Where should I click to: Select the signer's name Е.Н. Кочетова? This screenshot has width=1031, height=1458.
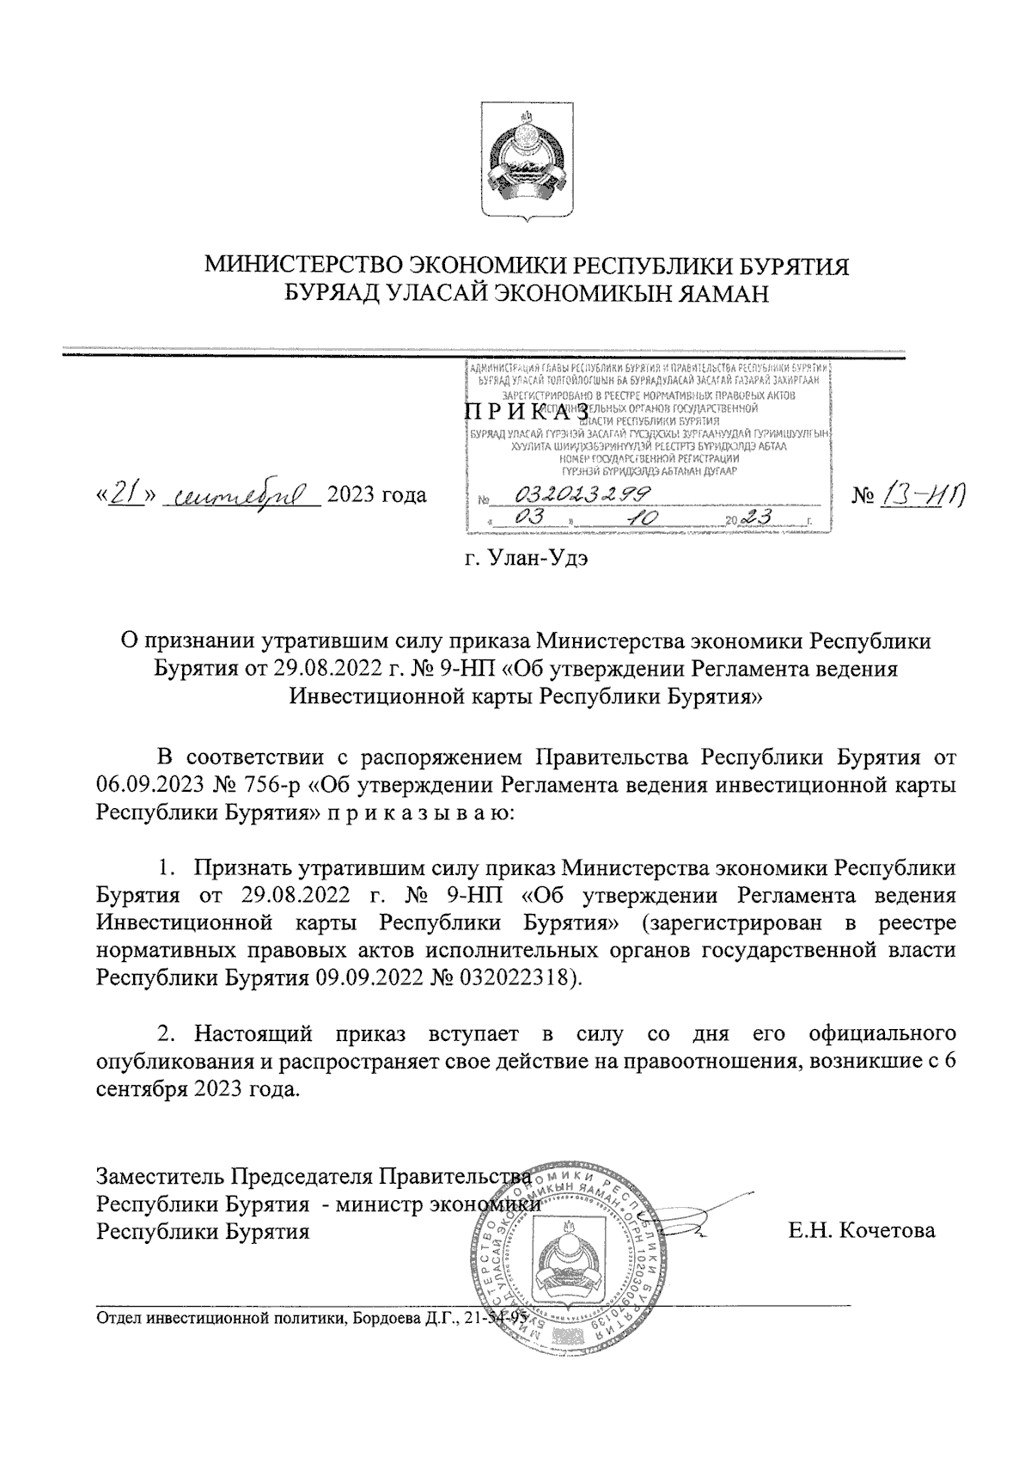(862, 1231)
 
